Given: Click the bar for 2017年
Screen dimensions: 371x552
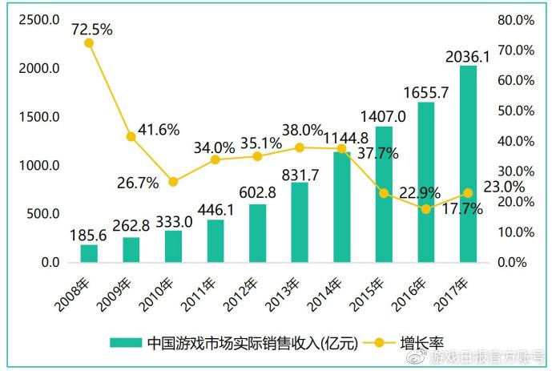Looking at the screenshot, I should [469, 164].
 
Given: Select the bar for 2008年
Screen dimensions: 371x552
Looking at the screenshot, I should [89, 253].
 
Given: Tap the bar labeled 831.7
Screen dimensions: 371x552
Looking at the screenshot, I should [300, 222].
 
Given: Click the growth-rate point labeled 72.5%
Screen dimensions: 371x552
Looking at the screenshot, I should [89, 42].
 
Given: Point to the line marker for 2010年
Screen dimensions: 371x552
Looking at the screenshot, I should [173, 182].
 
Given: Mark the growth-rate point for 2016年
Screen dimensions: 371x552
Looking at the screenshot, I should [426, 209].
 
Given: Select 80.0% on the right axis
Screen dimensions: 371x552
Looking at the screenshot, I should [516, 19].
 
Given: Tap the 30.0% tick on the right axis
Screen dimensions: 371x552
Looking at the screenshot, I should [516, 171].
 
